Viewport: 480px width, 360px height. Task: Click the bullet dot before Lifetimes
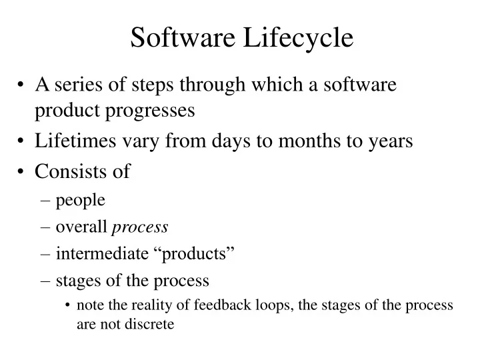23,141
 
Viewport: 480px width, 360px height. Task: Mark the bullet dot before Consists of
23,172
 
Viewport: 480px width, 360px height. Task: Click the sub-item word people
81,201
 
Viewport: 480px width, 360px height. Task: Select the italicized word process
140,227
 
